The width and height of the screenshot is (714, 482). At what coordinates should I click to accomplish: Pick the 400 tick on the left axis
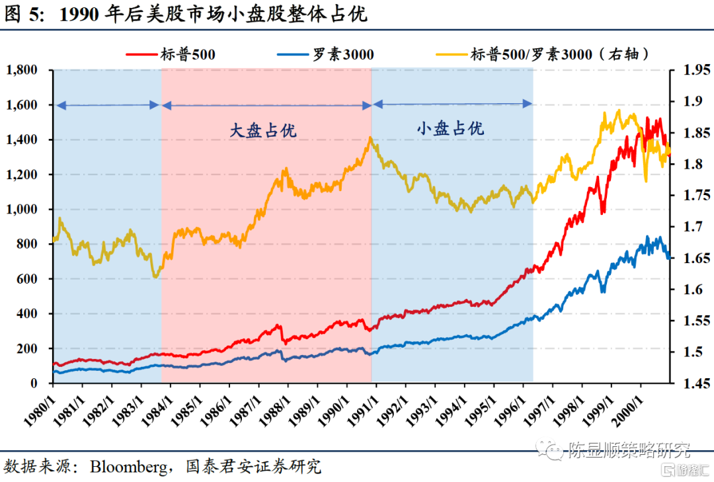pos(29,314)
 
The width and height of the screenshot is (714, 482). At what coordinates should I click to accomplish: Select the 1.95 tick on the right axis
pos(688,70)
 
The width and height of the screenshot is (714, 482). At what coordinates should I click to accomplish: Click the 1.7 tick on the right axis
pos(685,227)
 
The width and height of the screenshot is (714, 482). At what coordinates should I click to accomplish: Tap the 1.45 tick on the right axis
pos(688,383)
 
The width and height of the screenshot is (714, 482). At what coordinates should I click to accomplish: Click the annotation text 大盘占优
pos(263,130)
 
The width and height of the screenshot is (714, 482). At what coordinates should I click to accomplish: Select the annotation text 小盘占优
pos(450,128)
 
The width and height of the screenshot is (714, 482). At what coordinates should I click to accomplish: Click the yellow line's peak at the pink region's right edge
pos(370,138)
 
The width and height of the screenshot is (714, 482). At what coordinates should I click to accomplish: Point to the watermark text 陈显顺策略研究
pos(628,451)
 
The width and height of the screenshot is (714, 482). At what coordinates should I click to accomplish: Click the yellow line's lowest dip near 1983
pos(155,276)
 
